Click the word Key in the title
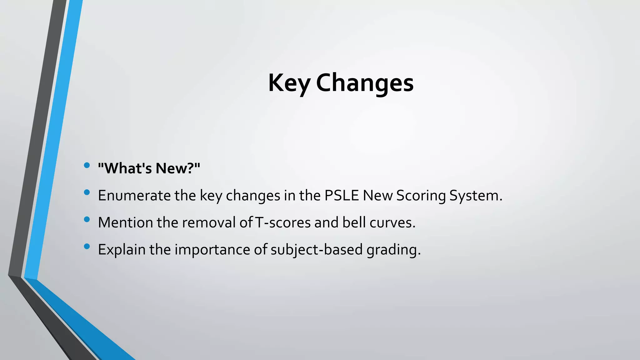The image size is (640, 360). click(289, 83)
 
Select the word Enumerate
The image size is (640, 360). click(134, 196)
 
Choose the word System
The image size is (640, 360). click(476, 196)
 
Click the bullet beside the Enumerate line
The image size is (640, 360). click(87, 192)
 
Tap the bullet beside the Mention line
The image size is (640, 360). click(87, 219)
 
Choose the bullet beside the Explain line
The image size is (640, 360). click(87, 247)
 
